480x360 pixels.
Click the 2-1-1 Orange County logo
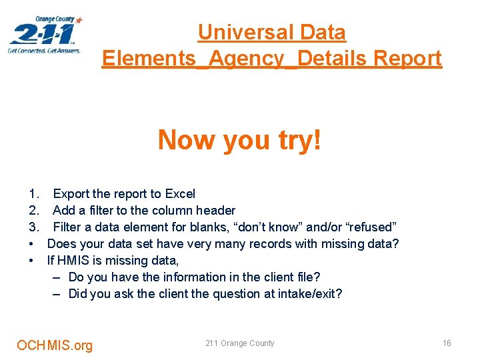45,35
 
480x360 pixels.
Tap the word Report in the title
407,59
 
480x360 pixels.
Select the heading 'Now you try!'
239,140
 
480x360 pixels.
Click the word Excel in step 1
180,194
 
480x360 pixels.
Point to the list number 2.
33,211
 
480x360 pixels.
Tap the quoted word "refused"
373,227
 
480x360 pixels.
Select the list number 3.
33,227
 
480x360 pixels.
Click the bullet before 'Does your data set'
32,244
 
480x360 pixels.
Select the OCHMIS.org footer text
55,345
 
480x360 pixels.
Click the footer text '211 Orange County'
239,343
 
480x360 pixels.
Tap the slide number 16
447,343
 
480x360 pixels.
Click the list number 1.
33,194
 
